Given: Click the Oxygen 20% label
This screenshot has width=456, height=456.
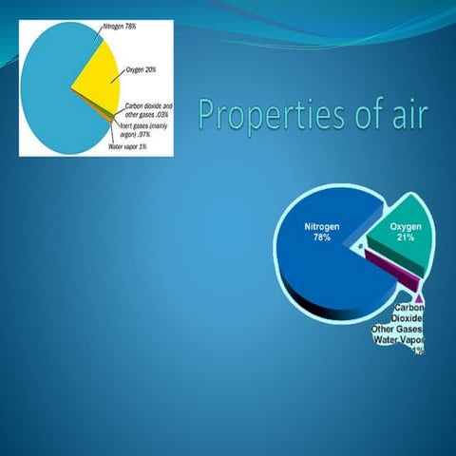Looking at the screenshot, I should pos(142,69).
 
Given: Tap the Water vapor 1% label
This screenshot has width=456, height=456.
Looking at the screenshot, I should pos(129,145).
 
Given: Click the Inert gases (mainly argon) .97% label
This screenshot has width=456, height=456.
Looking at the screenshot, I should pos(142,130).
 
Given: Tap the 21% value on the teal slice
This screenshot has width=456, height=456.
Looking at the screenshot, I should pos(406,238).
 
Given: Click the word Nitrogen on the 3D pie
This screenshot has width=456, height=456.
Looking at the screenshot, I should pos(322,227).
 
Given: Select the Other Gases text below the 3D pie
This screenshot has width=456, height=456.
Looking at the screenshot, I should pos(396,329).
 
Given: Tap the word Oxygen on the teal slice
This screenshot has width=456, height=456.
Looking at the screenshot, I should pos(406,227).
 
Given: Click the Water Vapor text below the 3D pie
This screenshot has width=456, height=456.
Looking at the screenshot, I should pos(398,339).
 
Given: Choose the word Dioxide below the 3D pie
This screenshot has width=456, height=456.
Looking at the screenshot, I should pos(407,318).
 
